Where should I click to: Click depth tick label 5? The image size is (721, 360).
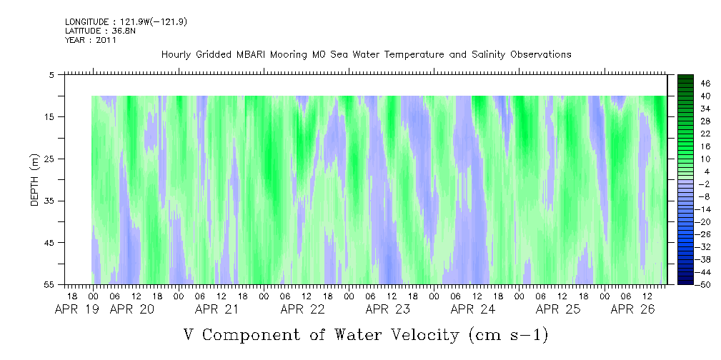(x=51, y=74)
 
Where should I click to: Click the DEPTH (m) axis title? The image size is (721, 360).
(x=36, y=180)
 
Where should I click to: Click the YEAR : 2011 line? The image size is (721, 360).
(x=91, y=40)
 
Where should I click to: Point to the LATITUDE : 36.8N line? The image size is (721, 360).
(x=100, y=31)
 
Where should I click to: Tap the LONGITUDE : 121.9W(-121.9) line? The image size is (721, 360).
(x=126, y=21)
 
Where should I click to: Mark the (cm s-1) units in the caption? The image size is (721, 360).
(x=508, y=335)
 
